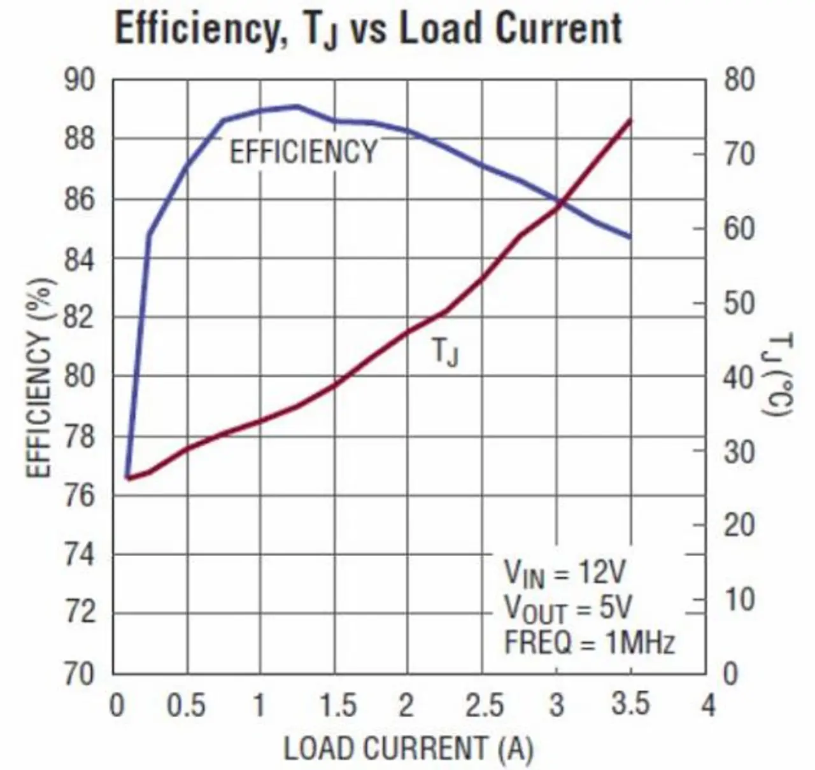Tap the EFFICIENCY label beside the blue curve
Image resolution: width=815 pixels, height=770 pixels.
coord(303,153)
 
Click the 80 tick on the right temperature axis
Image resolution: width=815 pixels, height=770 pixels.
coord(739,81)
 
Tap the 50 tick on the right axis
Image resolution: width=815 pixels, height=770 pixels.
coord(739,304)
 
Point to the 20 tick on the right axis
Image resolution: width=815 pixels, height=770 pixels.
coord(739,526)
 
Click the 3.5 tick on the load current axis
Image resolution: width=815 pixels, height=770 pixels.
coord(630,705)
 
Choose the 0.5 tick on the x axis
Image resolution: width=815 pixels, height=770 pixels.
coord(187,705)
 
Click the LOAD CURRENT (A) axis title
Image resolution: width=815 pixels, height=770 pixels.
coord(407,749)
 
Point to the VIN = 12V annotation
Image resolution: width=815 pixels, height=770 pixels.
coord(565,572)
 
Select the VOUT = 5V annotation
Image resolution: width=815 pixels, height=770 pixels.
coord(568,609)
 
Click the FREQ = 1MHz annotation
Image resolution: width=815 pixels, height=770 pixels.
coord(589,643)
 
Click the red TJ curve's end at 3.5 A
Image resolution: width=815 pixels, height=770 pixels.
coord(630,120)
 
